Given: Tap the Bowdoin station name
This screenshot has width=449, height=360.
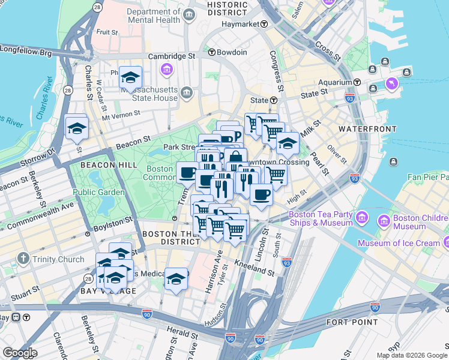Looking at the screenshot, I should click(x=232, y=52).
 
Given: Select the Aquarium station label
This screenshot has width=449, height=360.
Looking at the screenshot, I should click(x=335, y=82).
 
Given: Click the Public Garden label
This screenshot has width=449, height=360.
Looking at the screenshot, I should click(x=99, y=192).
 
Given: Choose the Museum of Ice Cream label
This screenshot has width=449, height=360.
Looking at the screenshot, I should click(x=399, y=243).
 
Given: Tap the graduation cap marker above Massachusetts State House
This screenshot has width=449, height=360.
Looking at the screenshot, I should click(x=130, y=78).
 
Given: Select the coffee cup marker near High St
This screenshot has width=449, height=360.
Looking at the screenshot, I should click(x=261, y=195).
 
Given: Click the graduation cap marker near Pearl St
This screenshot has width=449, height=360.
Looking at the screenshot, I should click(x=288, y=145).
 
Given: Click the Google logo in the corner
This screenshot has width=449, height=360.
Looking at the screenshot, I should click(x=20, y=353).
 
